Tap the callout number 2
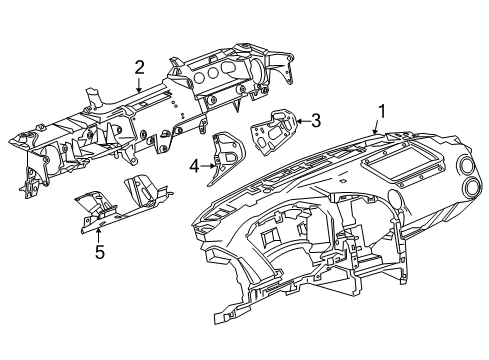click(140, 67)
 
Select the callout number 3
click(315, 121)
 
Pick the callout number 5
click(98, 253)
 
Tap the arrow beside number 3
click(298, 123)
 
